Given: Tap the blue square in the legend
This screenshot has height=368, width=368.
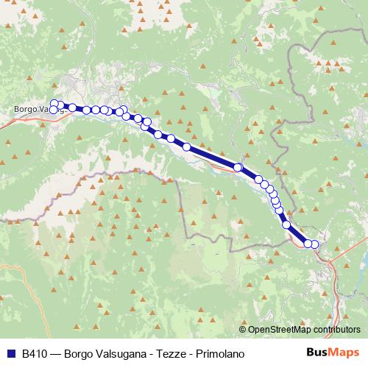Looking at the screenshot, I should click(11, 353).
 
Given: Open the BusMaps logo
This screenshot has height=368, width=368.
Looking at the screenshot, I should click(332, 353).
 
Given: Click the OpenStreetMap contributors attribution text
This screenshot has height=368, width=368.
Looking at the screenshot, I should click(304, 330).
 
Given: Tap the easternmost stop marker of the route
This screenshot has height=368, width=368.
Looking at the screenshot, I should click(315, 244).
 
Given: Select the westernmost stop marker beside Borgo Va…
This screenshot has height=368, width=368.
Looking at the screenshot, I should click(53, 110).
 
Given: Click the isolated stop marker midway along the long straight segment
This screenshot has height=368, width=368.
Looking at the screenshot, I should click(238, 168).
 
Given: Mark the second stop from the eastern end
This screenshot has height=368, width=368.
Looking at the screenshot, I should click(308, 244).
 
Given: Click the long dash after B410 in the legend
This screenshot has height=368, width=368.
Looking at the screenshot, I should click(57, 353).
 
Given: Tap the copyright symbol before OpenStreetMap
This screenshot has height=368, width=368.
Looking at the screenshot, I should click(243, 330).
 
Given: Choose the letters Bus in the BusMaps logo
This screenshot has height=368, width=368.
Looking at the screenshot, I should click(319, 353).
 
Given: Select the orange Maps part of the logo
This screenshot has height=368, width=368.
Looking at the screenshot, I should click(342, 353).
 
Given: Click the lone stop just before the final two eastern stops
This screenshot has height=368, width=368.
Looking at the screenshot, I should click(287, 224).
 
